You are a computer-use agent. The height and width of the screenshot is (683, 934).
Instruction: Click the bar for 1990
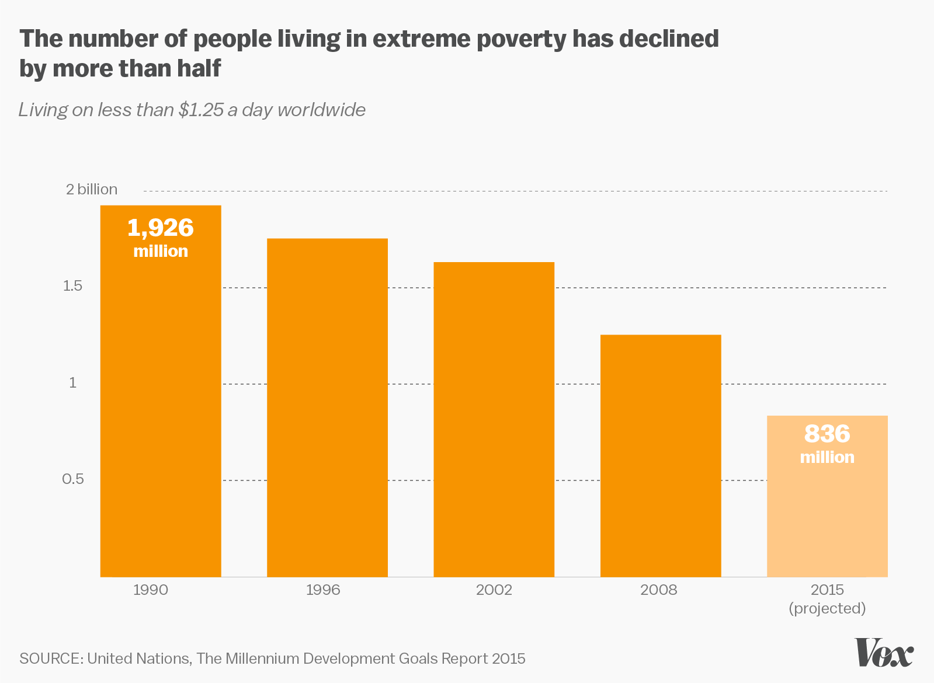(161, 409)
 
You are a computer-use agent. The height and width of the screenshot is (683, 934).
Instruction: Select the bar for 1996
(327, 409)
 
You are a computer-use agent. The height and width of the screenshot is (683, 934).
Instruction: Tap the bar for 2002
(494, 420)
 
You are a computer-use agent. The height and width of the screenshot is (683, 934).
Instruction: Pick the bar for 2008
(661, 455)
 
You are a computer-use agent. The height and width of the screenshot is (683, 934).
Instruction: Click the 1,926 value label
(161, 228)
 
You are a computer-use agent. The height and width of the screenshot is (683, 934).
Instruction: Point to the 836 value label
(827, 434)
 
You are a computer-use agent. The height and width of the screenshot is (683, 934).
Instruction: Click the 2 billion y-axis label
(92, 189)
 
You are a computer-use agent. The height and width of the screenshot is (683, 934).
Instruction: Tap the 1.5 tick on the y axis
(72, 286)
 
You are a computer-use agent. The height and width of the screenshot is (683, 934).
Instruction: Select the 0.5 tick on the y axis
(73, 479)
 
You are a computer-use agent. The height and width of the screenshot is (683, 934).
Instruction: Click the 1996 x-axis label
(323, 590)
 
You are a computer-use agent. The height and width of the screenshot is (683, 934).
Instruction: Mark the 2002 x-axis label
(494, 590)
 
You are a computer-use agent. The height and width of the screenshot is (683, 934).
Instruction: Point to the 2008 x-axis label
(658, 590)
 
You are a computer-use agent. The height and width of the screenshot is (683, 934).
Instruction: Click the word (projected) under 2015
(827, 608)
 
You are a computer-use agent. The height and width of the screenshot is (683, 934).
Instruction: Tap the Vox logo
(884, 652)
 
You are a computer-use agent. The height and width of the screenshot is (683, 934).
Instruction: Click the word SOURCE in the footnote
(51, 658)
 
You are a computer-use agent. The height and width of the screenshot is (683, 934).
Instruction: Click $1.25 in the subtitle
(201, 110)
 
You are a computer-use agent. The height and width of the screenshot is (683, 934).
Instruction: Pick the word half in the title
(195, 68)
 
